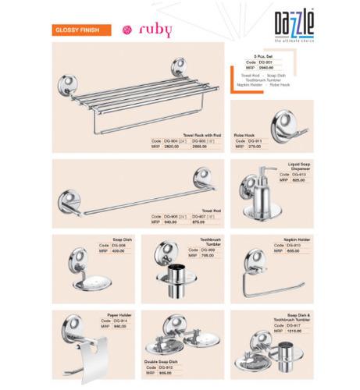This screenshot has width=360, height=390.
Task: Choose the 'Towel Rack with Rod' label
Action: [x=199, y=134]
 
